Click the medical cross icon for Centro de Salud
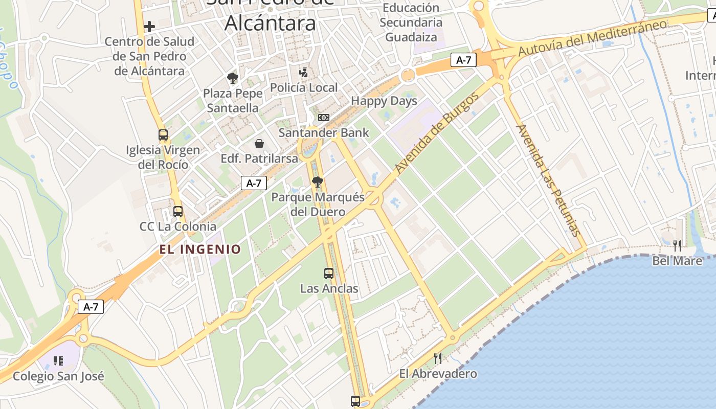click(149, 26)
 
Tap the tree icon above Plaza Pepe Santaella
click(233, 78)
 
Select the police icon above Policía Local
click(304, 72)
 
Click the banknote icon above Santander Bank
click(324, 118)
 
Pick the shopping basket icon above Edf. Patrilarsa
click(259, 144)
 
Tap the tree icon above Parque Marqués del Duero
click(318, 181)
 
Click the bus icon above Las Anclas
click(329, 274)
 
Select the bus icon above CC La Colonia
click(178, 211)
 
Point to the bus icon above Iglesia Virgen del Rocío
click(163, 135)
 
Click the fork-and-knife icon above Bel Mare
click(677, 246)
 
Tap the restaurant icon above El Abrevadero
click(438, 358)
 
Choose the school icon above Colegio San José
click(58, 361)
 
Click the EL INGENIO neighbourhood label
click(200, 249)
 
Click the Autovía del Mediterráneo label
click(593, 38)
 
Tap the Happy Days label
click(384, 101)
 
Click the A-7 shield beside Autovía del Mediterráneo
click(463, 60)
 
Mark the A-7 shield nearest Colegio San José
click(91, 307)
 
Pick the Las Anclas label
click(329, 288)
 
